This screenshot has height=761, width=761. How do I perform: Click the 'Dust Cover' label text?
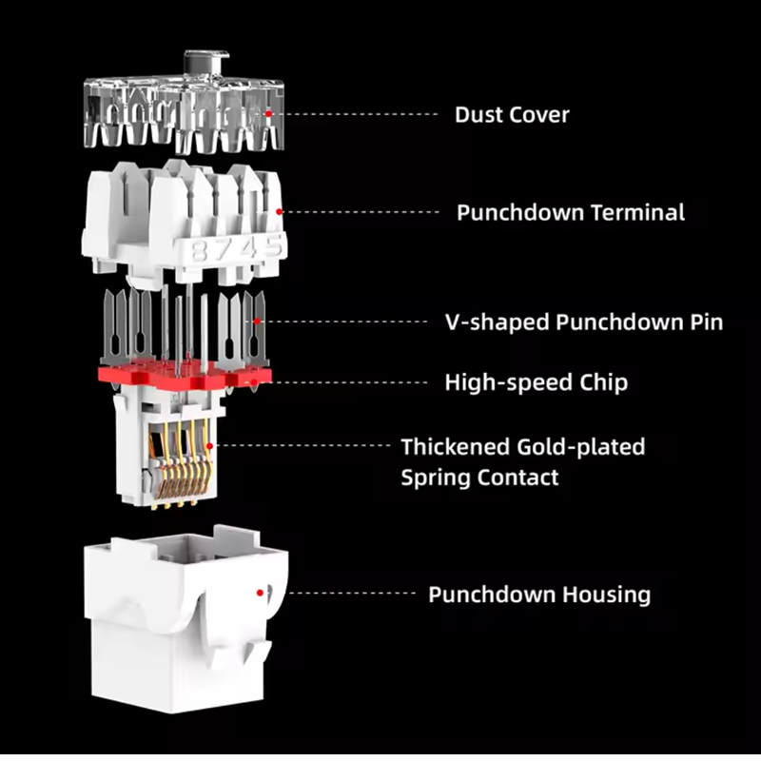[512, 115]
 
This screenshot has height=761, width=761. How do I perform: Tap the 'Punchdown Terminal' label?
[571, 212]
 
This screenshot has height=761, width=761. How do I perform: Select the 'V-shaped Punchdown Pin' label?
[584, 322]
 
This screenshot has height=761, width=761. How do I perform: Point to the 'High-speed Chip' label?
[537, 383]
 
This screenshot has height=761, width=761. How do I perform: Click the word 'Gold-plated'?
[581, 447]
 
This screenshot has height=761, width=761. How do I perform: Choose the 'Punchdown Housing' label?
[539, 595]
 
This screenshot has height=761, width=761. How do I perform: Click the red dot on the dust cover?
[268, 113]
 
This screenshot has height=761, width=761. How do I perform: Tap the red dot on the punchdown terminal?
[279, 211]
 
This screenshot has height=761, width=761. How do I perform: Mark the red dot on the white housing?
[260, 593]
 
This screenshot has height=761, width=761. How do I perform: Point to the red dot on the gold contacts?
[209, 445]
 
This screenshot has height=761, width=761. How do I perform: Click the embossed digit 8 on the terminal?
[199, 251]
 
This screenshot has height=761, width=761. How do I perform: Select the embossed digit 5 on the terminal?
[272, 246]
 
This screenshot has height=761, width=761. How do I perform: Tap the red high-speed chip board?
[185, 376]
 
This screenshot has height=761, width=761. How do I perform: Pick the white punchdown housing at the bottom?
[185, 619]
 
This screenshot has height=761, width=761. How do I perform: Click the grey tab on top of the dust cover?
[205, 63]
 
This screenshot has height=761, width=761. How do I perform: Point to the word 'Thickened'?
[456, 447]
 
